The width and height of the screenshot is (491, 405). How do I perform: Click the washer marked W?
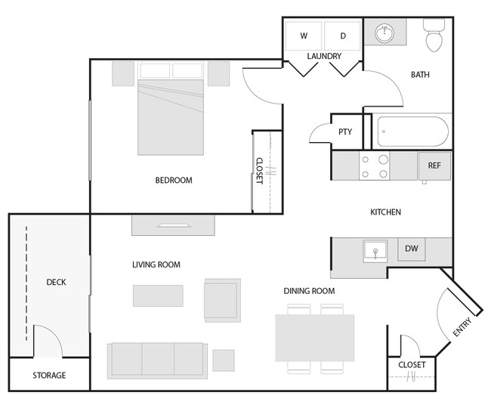[304, 36]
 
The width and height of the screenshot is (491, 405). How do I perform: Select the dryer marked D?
[342, 36]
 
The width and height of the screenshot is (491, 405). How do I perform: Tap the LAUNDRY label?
[324, 57]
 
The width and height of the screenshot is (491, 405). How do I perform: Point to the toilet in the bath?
[434, 36]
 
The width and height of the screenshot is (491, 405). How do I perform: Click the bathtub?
[412, 131]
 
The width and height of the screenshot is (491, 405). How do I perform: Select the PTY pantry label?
[345, 132]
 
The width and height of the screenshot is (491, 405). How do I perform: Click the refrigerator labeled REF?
[434, 165]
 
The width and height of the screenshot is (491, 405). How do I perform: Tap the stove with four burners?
[374, 166]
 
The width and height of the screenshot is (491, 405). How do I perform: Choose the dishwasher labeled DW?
[412, 249]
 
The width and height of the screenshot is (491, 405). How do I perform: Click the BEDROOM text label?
[174, 181]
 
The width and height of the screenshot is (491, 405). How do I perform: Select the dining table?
[314, 338]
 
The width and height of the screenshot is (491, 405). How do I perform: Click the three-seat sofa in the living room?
[157, 359]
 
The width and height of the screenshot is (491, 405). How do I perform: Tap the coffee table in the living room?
[158, 295]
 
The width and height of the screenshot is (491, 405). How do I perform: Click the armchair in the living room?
[222, 299]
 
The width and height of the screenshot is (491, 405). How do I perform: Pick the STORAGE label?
[49, 376]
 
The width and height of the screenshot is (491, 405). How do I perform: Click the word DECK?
[56, 283]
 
